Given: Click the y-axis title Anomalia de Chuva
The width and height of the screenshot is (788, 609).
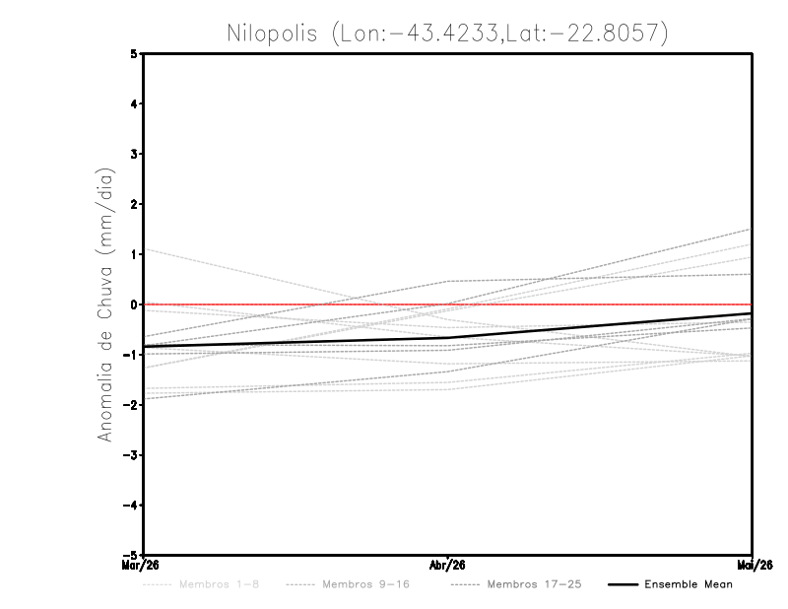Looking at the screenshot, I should coord(104,304).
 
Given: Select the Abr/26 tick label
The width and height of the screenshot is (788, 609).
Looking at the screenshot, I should coord(448,565).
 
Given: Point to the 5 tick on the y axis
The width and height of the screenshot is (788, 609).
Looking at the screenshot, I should coord(134,53).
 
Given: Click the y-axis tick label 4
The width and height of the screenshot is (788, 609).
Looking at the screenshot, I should coord(134,103).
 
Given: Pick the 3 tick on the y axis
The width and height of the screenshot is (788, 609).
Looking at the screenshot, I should coord(134,154).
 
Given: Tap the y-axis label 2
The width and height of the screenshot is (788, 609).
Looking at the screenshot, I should coord(134,204).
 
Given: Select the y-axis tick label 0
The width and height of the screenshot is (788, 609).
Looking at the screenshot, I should coord(134,304).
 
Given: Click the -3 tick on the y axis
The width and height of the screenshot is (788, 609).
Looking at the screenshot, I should coord(131,455).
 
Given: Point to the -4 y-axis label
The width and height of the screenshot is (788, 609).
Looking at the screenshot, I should coord(131,506).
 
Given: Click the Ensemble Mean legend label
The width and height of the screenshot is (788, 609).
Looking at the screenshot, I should coord(688,584).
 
